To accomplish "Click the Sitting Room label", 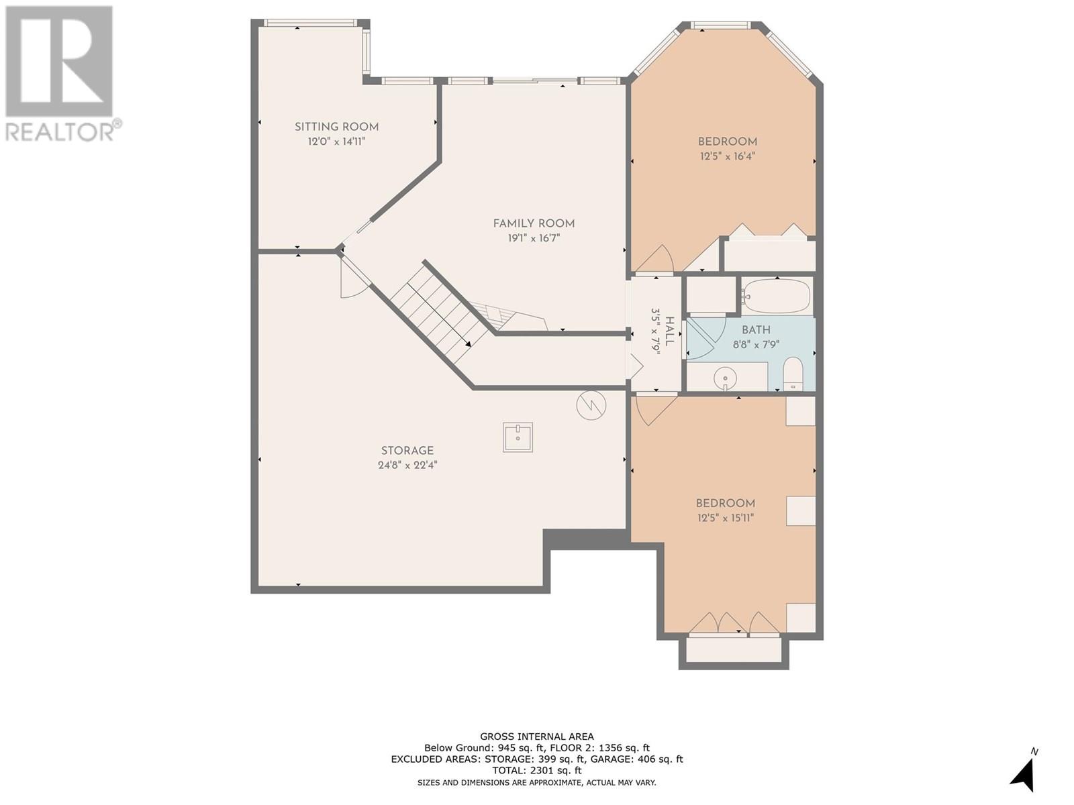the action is [x=336, y=127].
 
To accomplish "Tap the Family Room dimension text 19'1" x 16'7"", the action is [x=534, y=238].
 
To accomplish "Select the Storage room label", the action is [x=407, y=451].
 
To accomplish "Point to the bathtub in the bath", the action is [x=776, y=297].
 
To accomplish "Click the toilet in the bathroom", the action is [x=793, y=374].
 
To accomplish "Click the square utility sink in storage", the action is [x=518, y=437].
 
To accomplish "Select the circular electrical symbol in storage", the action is [x=591, y=405].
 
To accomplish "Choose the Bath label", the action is [x=756, y=330].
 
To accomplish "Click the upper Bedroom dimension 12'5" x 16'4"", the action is [x=728, y=156].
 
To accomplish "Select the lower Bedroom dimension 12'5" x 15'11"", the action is [x=726, y=518].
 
